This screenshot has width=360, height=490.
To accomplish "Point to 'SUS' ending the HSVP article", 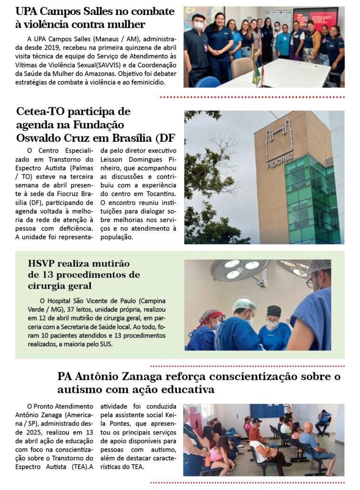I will tap(103, 344).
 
